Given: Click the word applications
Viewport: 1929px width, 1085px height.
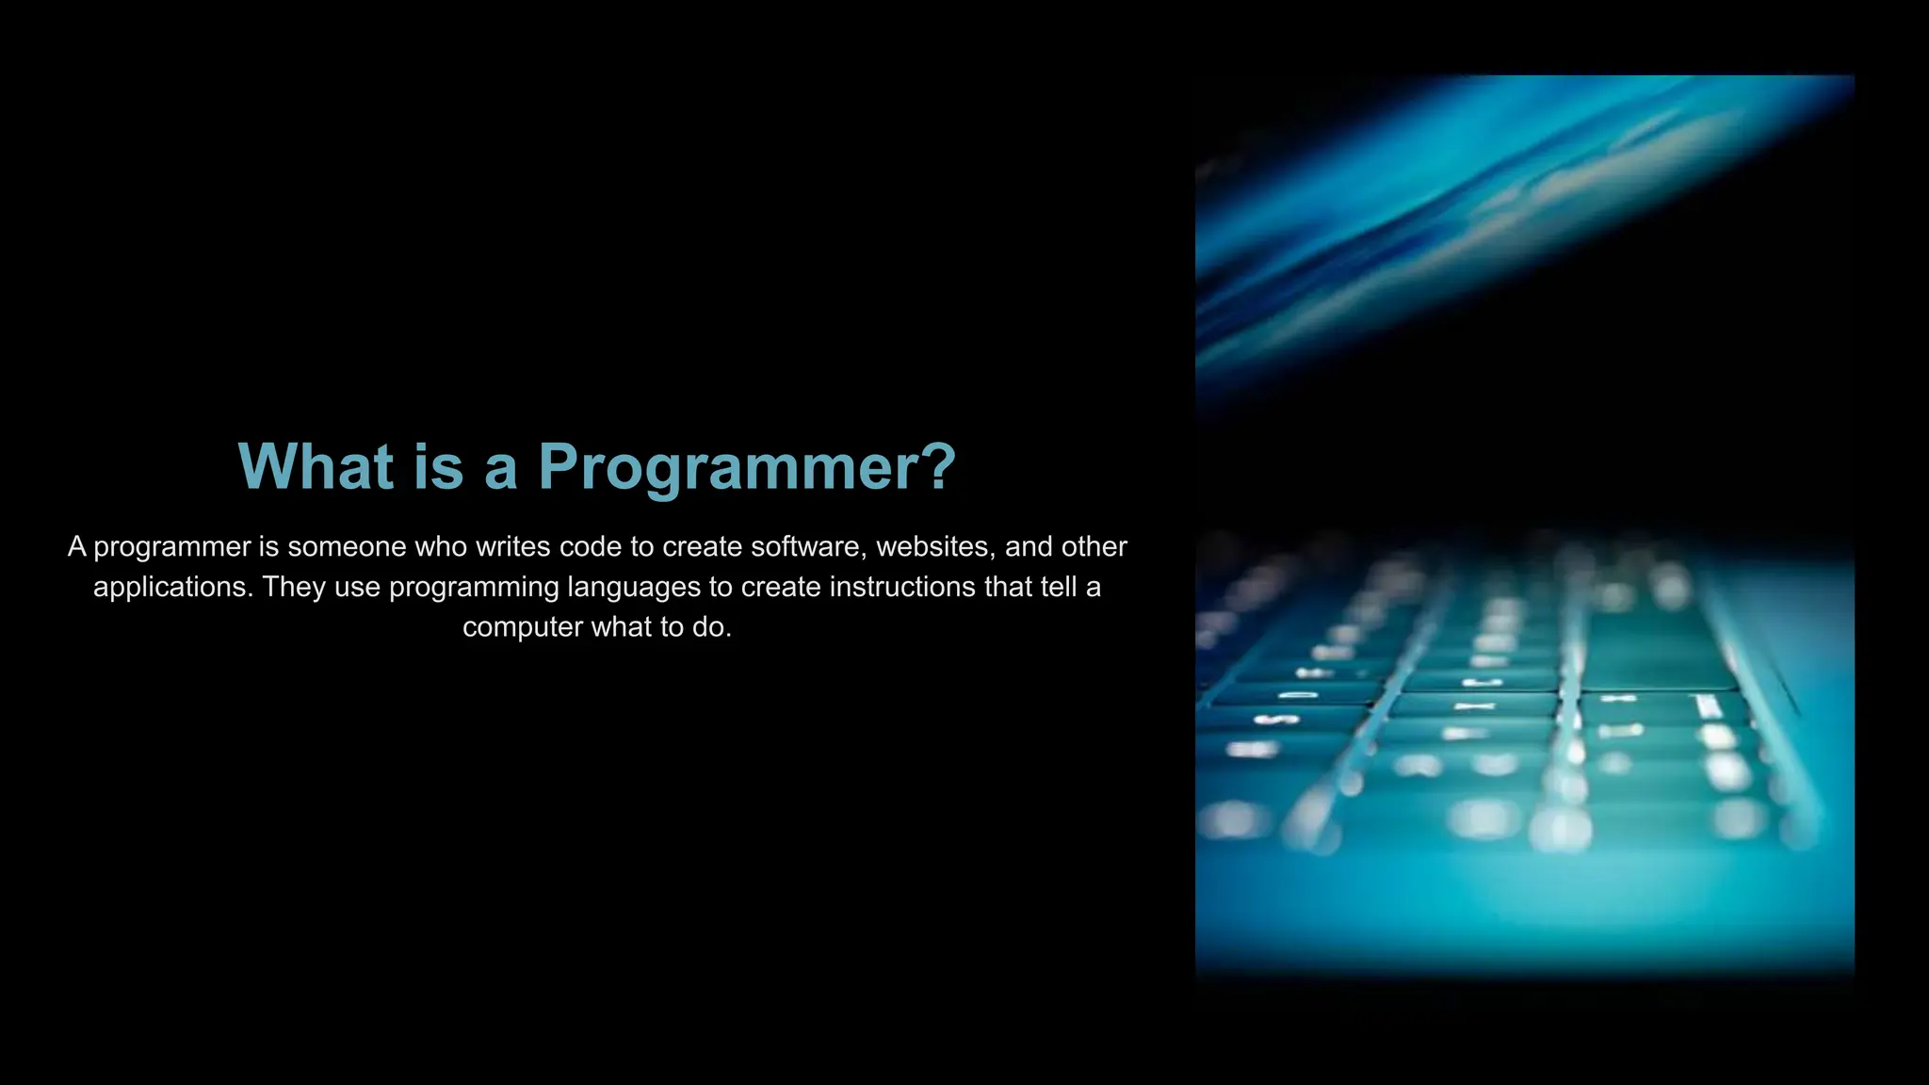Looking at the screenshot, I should click(173, 588).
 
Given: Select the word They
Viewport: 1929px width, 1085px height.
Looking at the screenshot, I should click(294, 588).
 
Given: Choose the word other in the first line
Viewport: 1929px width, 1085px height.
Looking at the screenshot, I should click(1094, 547).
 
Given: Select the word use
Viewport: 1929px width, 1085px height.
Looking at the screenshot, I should click(357, 588).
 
